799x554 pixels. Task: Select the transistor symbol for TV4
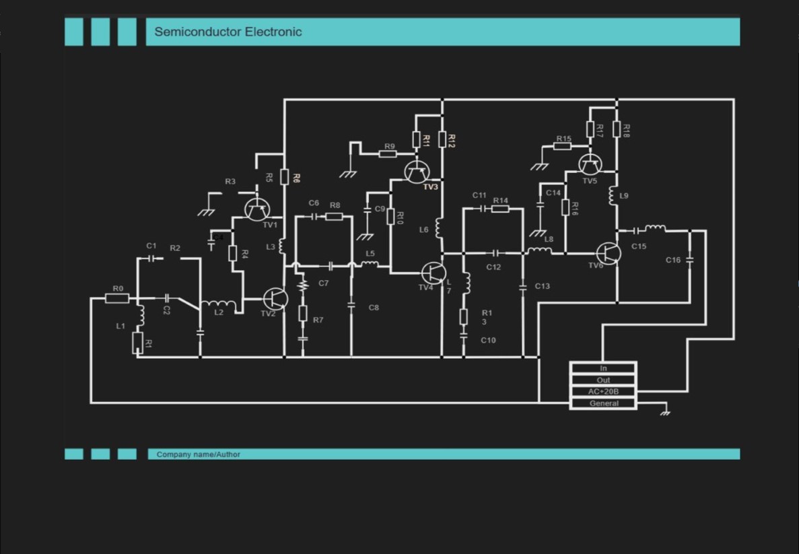click(433, 273)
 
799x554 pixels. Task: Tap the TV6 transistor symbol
click(608, 253)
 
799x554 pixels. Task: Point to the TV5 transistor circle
click(590, 164)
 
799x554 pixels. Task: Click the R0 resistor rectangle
click(117, 298)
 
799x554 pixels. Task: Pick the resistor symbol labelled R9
click(387, 154)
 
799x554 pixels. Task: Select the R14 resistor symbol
click(500, 209)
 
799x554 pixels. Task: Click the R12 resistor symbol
click(442, 139)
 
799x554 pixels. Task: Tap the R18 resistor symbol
click(617, 129)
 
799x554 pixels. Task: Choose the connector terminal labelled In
click(603, 368)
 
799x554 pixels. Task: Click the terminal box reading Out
click(603, 380)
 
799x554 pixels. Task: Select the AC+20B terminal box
click(603, 392)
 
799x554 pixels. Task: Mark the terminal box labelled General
click(603, 403)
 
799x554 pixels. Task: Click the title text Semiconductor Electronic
click(228, 32)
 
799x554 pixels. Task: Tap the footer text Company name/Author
click(198, 454)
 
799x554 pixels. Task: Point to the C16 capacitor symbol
click(689, 260)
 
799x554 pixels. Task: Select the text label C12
click(494, 267)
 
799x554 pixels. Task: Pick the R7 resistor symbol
click(303, 313)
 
